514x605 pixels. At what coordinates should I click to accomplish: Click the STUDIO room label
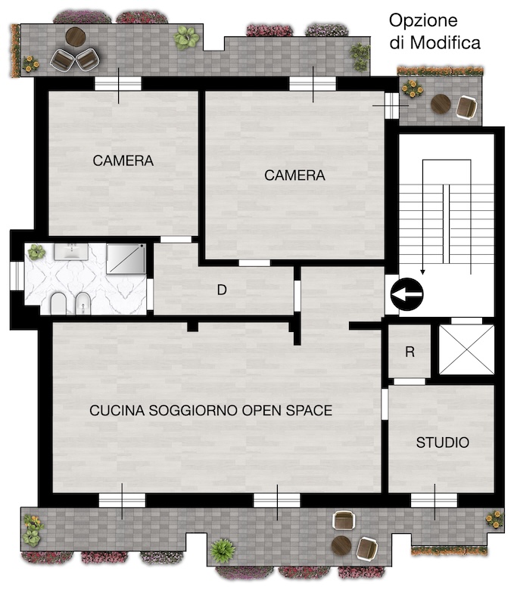[x=443, y=442]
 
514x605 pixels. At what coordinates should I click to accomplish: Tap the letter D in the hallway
[x=222, y=290]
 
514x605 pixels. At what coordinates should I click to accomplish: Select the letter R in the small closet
[x=410, y=352]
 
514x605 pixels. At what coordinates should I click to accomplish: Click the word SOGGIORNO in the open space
[x=193, y=410]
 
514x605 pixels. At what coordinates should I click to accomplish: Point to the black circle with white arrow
[x=407, y=294]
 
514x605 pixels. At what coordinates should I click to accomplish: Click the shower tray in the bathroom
[x=126, y=259]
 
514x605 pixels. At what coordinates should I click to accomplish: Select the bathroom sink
[x=71, y=252]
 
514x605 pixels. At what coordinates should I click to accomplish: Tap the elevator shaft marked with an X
[x=466, y=349]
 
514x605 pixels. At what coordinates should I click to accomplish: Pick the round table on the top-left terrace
[x=75, y=36]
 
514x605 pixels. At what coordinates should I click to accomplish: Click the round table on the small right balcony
[x=441, y=104]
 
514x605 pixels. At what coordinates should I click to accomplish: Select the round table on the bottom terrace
[x=341, y=544]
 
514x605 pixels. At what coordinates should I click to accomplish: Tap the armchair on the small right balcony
[x=466, y=107]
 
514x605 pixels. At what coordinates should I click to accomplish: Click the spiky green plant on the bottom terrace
[x=222, y=551]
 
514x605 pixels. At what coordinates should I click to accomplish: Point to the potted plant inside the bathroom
[x=36, y=252]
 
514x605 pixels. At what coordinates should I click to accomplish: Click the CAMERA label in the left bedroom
[x=123, y=160]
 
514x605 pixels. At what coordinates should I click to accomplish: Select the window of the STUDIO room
[x=435, y=501]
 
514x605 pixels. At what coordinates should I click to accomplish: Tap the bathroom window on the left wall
[x=17, y=275]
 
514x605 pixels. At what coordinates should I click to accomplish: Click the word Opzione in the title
[x=423, y=21]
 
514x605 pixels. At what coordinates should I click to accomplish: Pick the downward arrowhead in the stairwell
[x=423, y=271]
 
